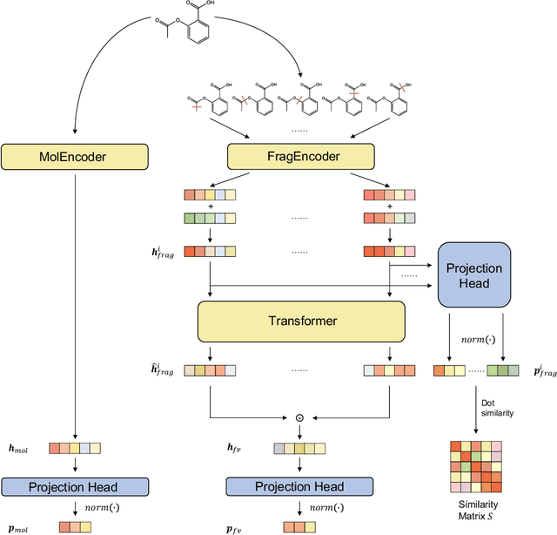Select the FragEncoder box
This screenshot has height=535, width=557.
tap(301, 157)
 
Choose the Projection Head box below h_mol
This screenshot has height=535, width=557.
tap(77, 486)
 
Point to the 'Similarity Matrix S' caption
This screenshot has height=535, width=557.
tap(475, 511)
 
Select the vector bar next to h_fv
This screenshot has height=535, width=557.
tap(301, 449)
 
